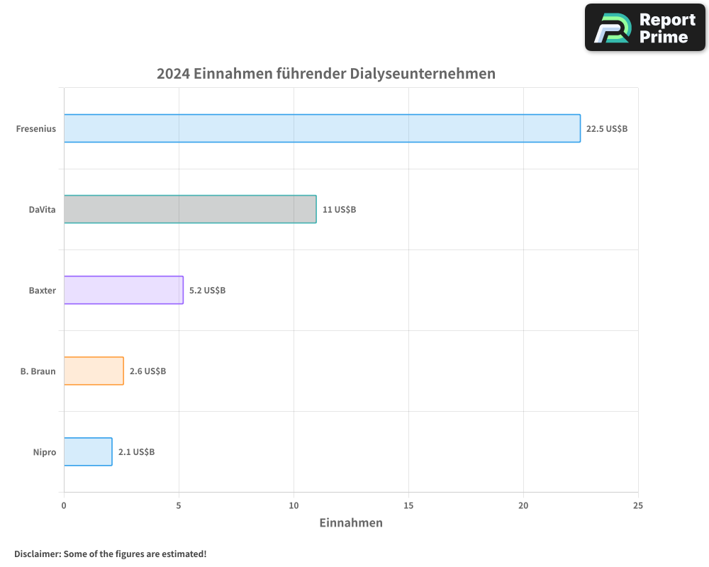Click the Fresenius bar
(x=322, y=128)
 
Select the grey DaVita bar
(x=190, y=209)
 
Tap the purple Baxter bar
(x=123, y=290)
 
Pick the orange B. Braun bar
(x=94, y=371)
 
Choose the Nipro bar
(x=88, y=451)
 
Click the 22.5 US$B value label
(x=607, y=129)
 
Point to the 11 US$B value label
(x=339, y=210)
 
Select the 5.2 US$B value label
(x=207, y=291)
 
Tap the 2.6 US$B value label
(x=147, y=371)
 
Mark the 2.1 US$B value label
(x=136, y=452)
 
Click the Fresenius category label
(x=36, y=129)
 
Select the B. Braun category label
(x=38, y=371)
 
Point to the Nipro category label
(x=44, y=452)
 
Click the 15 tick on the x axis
(x=408, y=505)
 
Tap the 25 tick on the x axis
(x=638, y=505)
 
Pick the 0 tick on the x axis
(x=64, y=505)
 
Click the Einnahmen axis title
(x=351, y=523)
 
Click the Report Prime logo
(x=645, y=28)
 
